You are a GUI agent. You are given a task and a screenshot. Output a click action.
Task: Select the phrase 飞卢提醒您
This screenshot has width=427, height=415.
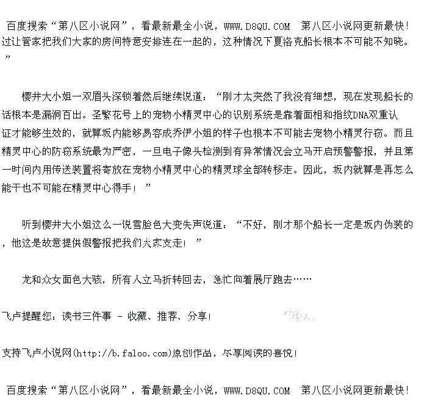click(27, 317)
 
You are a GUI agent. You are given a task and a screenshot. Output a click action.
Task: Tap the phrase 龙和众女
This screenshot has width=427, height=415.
click(42, 280)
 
